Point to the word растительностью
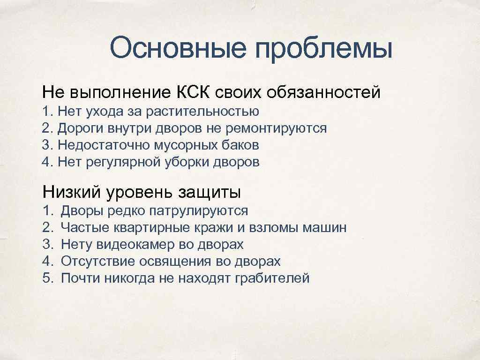[202, 112]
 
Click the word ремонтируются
[277, 128]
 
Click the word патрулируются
[198, 211]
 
